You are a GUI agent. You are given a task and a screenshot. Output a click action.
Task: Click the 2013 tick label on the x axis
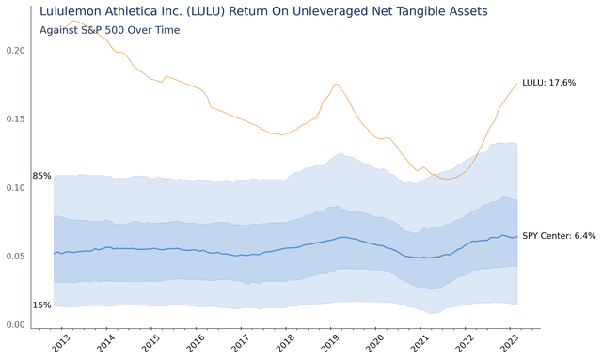click(60, 343)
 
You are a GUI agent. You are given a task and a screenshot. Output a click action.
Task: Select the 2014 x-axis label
click(105, 343)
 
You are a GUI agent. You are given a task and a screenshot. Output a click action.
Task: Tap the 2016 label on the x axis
click(195, 343)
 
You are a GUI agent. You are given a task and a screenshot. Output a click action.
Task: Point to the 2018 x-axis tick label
click(284, 343)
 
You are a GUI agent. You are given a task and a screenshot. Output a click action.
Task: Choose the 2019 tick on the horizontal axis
click(329, 343)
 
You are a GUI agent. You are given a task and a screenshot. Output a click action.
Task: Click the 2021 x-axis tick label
click(420, 343)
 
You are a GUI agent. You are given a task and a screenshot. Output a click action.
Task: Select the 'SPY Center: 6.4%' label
click(560, 236)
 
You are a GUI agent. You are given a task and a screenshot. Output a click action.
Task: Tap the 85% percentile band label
click(41, 176)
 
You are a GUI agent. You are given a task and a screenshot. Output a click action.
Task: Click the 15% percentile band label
click(41, 305)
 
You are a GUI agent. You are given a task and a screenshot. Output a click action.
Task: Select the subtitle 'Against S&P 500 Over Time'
click(109, 30)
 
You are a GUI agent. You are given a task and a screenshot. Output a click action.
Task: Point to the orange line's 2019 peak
click(337, 85)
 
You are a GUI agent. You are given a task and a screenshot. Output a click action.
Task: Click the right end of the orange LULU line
click(516, 84)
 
